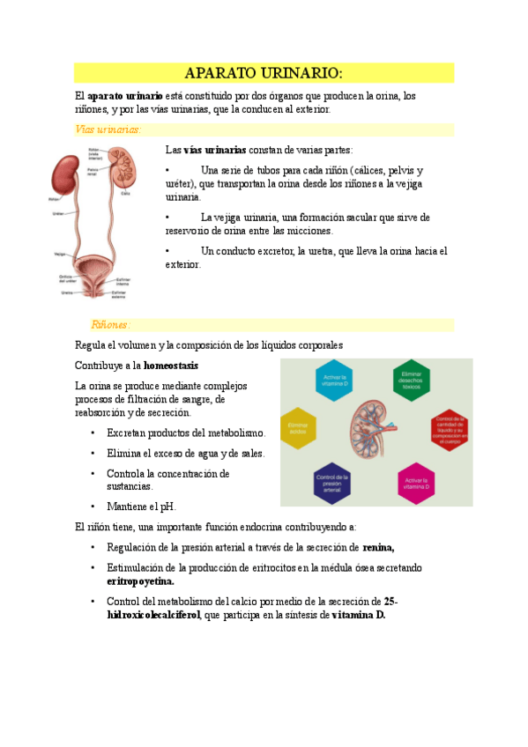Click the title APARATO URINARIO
tap(264, 72)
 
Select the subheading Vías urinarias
tap(108, 129)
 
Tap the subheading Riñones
tap(111, 324)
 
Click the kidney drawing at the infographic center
tap(375, 429)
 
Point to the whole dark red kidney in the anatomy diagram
tap(63, 178)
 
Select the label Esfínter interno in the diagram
tap(123, 282)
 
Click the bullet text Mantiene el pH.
tap(141, 507)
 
